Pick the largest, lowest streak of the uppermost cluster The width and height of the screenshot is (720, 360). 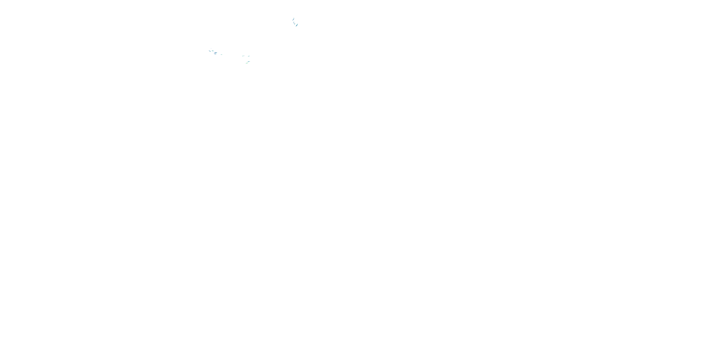(x=297, y=25)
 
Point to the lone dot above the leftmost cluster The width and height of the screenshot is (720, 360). (x=211, y=49)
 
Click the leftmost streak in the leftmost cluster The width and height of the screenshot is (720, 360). (x=210, y=51)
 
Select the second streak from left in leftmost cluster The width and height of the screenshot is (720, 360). (x=213, y=51)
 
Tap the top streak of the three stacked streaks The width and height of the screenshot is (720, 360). (x=216, y=53)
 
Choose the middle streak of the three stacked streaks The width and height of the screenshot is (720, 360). (x=215, y=53)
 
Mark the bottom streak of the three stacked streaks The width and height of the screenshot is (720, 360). (x=215, y=54)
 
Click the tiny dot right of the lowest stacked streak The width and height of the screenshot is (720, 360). (x=216, y=54)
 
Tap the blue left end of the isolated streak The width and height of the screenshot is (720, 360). (x=221, y=55)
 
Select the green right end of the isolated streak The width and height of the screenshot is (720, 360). (x=222, y=55)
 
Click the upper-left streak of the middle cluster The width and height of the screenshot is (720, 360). (x=243, y=56)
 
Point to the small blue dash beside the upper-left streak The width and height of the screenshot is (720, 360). (x=244, y=56)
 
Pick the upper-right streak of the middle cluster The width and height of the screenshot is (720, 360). (x=249, y=56)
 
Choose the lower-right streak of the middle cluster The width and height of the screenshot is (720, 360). (x=248, y=62)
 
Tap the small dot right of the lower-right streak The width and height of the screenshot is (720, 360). (x=250, y=61)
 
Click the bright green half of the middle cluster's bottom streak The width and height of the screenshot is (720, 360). (x=247, y=63)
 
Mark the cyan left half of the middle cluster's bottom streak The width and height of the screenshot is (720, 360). (x=246, y=63)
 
